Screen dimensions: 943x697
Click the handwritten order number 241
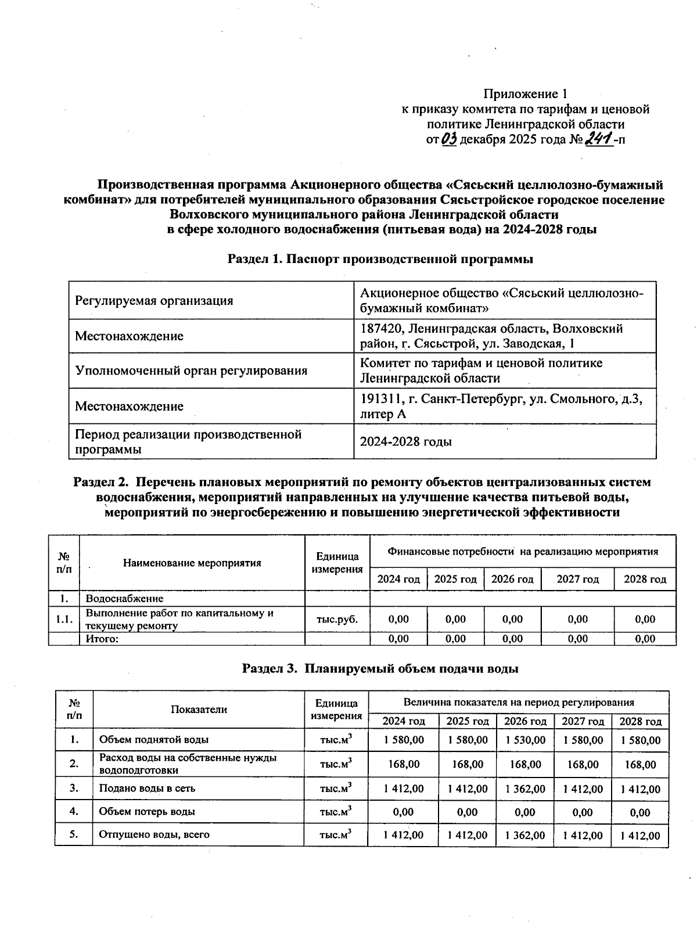(x=599, y=139)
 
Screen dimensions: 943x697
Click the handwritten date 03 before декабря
(x=450, y=139)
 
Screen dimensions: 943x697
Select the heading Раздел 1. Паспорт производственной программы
(x=380, y=260)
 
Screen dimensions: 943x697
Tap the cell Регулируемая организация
(x=154, y=301)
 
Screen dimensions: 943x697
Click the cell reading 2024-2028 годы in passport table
(x=405, y=442)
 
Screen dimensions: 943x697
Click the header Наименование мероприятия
(x=192, y=563)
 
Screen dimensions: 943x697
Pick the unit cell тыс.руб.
(x=337, y=619)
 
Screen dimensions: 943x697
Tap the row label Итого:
(x=102, y=639)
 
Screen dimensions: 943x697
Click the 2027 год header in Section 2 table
(x=577, y=579)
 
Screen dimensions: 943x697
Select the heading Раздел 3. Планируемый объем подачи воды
(x=380, y=668)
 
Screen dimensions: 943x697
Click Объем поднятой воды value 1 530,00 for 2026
(x=525, y=740)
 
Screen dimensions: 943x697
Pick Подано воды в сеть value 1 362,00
(x=525, y=789)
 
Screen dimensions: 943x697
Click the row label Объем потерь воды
(x=147, y=812)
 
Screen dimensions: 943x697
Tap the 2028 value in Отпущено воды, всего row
(x=640, y=836)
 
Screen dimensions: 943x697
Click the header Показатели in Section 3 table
(x=199, y=710)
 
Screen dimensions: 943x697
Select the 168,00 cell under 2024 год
(x=404, y=764)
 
